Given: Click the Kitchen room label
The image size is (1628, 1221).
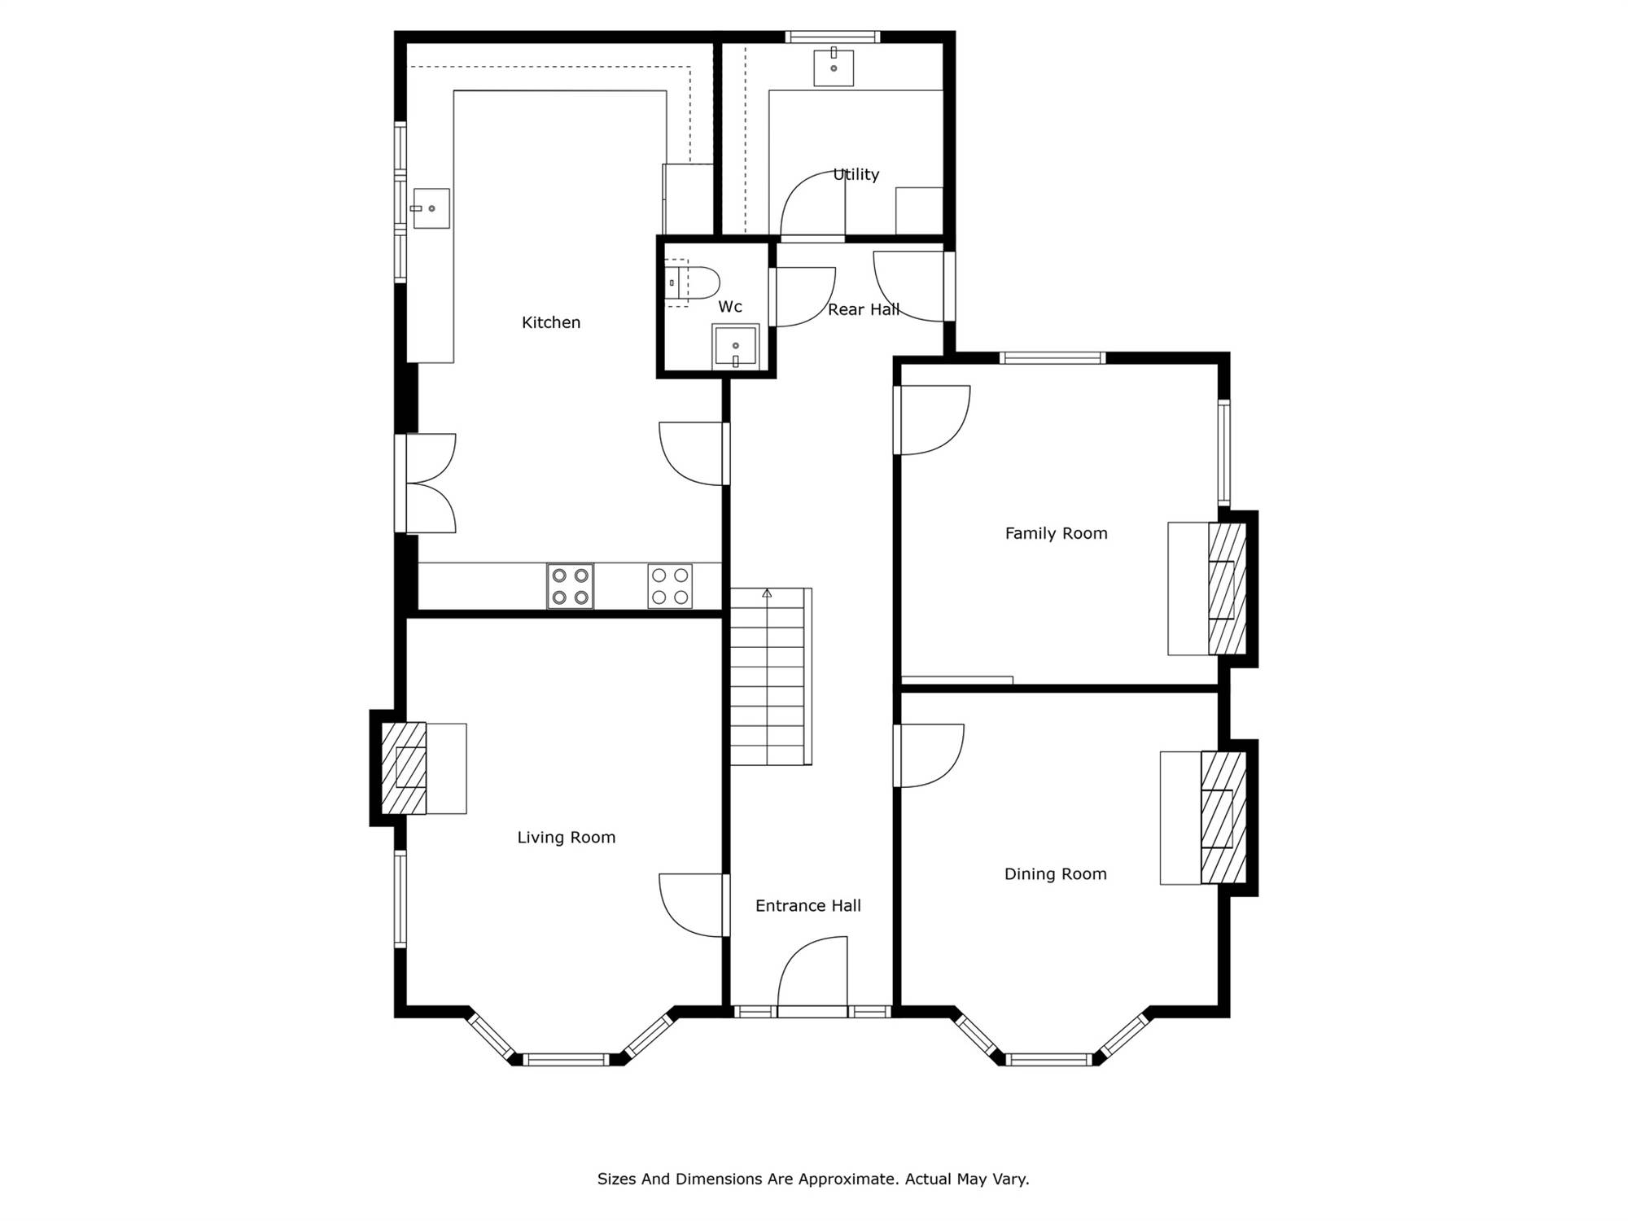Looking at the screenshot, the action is point(551,322).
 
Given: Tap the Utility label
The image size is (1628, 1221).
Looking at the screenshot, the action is point(856,174).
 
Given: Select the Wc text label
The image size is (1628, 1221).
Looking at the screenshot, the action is point(730,307).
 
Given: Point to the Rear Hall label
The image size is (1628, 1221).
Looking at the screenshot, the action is point(864,309).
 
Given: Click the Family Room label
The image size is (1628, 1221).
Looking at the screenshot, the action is point(1057,533).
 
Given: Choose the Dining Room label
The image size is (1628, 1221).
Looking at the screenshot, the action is point(1056,874).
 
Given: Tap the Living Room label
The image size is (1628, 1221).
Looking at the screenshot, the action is point(567,838).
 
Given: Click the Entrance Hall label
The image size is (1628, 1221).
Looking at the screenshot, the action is point(808,906).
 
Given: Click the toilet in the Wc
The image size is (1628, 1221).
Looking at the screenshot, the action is point(693,283).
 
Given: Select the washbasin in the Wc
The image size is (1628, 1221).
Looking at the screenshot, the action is point(736,347).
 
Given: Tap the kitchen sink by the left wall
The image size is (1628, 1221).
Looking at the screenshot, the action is point(431,208).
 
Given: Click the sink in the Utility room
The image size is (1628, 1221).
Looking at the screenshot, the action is point(834,67).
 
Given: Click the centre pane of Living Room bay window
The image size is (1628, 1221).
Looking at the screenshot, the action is point(566,1060).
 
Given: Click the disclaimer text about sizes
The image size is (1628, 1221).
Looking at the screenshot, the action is point(813,1179).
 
